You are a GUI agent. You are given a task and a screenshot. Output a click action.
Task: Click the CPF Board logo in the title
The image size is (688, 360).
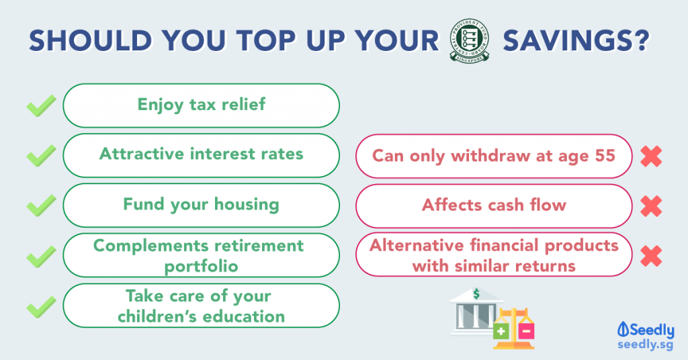470,41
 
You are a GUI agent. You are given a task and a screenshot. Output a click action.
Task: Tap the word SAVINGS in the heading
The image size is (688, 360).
575,41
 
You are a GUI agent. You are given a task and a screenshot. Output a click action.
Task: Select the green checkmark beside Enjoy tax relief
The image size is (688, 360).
41,105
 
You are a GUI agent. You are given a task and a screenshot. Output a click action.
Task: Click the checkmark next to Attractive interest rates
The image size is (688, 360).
41,156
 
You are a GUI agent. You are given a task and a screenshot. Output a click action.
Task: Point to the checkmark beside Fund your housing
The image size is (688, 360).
41,206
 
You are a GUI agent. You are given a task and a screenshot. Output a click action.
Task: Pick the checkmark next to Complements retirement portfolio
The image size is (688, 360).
41,256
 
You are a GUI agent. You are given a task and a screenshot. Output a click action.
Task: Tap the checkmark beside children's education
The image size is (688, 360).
41,306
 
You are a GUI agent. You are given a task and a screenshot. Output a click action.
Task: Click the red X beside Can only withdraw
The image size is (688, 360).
651,156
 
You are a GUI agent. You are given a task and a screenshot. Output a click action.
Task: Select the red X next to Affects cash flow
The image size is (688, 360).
651,206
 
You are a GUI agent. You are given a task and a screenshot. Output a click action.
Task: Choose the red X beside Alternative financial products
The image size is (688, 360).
651,256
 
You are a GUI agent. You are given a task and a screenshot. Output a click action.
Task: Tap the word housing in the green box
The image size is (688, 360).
247,205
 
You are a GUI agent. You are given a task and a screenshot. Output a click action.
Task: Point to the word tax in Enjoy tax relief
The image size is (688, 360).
203,105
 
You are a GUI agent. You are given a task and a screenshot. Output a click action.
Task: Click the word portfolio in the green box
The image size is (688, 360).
202,267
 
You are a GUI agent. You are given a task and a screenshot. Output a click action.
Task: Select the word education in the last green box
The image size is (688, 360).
244,316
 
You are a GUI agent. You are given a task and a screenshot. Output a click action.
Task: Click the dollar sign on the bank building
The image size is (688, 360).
476,294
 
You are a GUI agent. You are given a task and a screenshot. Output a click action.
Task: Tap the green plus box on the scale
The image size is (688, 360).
501,331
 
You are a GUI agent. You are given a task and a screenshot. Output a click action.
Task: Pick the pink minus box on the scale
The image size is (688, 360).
526,331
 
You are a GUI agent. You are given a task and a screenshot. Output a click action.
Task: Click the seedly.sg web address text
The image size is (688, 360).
645,345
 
